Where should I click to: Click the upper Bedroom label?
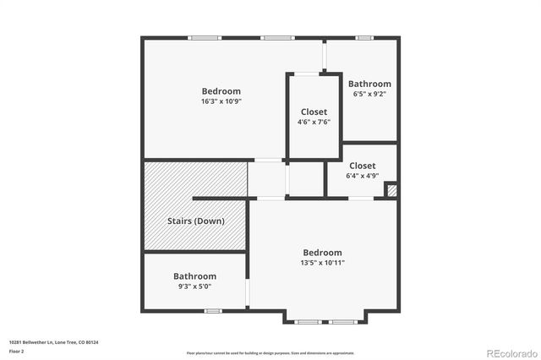221,91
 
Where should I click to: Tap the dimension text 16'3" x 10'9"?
221,101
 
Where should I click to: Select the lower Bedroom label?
322,253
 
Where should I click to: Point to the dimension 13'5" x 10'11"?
322,263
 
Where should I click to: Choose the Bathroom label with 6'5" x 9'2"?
369,84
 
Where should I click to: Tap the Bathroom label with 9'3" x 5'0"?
194,276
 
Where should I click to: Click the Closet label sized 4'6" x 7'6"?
314,112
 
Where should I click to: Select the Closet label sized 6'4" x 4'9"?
362,166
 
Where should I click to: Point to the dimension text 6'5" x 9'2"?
369,94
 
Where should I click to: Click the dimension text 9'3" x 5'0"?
194,286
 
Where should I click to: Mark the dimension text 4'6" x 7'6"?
314,122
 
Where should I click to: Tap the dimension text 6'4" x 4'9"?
362,176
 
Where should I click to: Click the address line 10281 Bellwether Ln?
53,342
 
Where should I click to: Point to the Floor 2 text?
17,351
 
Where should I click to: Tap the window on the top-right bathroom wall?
363,37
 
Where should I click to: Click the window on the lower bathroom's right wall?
248,292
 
